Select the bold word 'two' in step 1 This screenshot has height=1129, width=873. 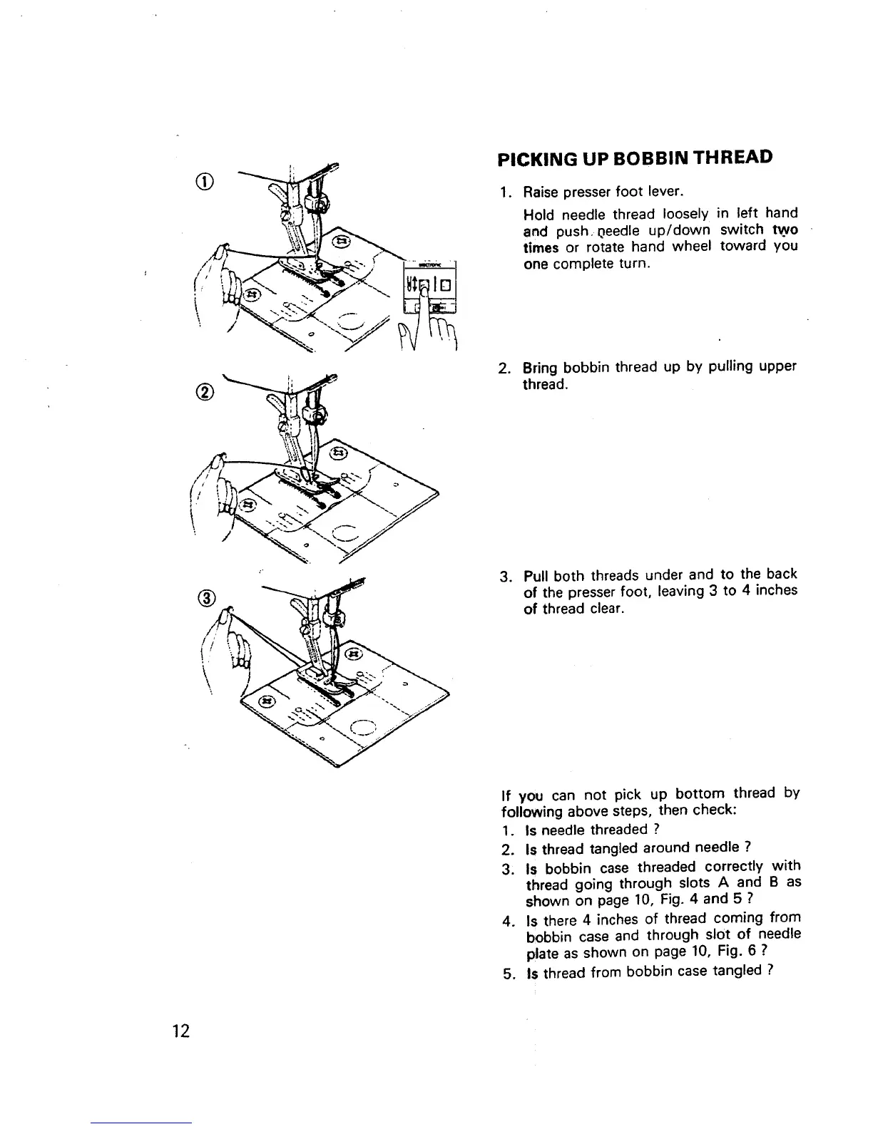[x=785, y=230]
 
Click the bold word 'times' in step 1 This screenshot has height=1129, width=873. [x=541, y=247]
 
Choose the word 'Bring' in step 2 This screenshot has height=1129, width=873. [x=541, y=367]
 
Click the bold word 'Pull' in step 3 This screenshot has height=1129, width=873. [x=536, y=574]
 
